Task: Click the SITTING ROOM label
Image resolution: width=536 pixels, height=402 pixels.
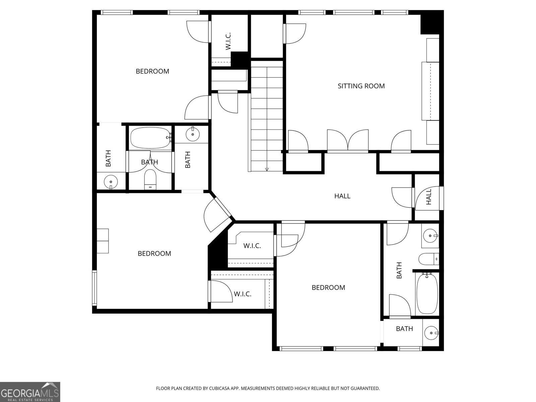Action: pyautogui.click(x=361, y=86)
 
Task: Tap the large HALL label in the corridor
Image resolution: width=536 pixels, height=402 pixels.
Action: pyautogui.click(x=342, y=196)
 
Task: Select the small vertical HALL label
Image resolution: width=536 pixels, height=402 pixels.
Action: pyautogui.click(x=429, y=197)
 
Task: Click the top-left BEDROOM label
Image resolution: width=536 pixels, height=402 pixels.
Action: pyautogui.click(x=152, y=71)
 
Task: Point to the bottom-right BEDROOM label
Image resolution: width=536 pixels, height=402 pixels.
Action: pyautogui.click(x=328, y=287)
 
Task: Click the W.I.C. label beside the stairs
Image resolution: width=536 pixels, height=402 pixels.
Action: pyautogui.click(x=228, y=41)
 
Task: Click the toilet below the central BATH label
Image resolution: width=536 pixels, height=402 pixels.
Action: pyautogui.click(x=150, y=180)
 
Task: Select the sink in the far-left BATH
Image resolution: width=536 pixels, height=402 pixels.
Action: pyautogui.click(x=111, y=183)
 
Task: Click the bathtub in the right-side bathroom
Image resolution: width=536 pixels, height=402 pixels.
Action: pyautogui.click(x=427, y=294)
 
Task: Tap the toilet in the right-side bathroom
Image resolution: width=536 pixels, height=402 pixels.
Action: pyautogui.click(x=428, y=259)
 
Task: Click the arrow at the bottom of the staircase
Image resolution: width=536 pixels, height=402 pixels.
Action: pyautogui.click(x=267, y=169)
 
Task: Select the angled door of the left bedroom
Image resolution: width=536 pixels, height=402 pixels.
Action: pyautogui.click(x=218, y=214)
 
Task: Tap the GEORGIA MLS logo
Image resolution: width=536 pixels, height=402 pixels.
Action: pyautogui.click(x=30, y=392)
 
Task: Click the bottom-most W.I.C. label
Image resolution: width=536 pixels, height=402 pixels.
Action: pyautogui.click(x=242, y=294)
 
